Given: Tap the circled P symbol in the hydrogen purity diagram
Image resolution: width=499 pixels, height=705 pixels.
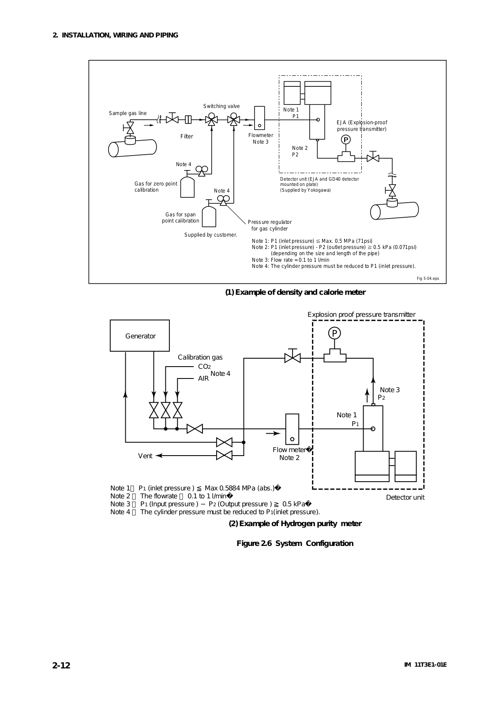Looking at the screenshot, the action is (334, 333).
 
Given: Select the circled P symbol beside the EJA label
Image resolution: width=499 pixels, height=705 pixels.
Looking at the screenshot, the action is (346, 140).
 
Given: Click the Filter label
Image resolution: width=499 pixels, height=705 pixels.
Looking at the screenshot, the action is (187, 136).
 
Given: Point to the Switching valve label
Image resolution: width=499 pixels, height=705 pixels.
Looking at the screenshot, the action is (221, 106).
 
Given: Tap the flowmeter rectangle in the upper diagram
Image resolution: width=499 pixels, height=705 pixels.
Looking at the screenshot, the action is (259, 118).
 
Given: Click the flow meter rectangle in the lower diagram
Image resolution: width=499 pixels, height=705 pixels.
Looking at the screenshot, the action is (292, 429).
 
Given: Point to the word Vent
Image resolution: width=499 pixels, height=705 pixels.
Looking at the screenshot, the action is (145, 456).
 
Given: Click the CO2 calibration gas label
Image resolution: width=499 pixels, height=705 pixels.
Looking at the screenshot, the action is (204, 367).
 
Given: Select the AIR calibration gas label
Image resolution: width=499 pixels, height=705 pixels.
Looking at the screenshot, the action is (203, 378).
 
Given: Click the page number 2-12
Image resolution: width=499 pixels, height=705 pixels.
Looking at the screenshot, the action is (61, 665).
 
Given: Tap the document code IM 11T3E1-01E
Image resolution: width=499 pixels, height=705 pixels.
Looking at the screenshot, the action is (425, 665).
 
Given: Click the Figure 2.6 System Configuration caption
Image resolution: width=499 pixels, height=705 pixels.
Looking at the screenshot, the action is (295, 544).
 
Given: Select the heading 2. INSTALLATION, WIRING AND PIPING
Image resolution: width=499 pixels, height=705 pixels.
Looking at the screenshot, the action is (115, 35).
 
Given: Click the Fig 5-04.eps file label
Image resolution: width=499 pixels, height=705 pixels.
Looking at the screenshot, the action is (428, 278).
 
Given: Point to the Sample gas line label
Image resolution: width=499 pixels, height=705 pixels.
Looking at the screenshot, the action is (128, 113).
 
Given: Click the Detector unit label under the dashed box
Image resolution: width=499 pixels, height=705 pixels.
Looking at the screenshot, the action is (405, 497).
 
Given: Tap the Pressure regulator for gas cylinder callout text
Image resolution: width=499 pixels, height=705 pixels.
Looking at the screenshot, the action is (270, 225).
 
